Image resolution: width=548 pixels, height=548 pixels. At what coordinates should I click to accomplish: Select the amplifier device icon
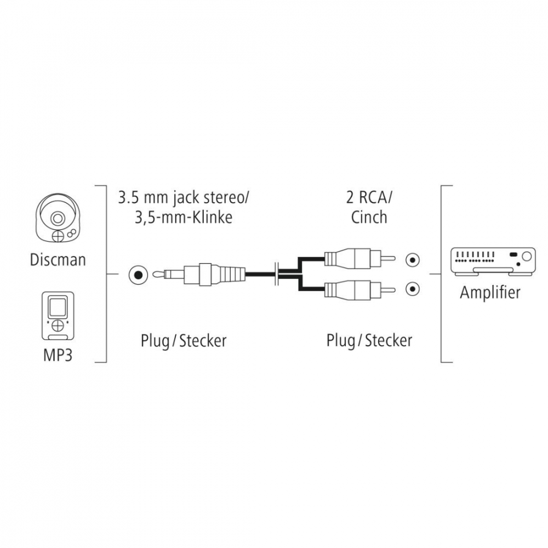click(493, 262)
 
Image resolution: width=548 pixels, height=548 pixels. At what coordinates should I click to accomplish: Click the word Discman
click(58, 260)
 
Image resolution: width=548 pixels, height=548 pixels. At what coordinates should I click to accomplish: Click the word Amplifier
click(490, 293)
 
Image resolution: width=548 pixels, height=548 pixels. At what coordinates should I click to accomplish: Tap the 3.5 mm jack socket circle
click(138, 275)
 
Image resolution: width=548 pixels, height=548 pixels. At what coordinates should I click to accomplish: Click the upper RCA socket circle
click(413, 260)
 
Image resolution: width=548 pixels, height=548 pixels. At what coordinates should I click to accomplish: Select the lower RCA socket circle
click(413, 289)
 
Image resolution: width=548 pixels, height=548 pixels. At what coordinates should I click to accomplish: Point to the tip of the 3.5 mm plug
click(156, 275)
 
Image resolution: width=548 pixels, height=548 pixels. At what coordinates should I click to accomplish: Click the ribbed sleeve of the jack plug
click(232, 275)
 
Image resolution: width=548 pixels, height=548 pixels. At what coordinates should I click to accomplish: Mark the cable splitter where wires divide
click(277, 275)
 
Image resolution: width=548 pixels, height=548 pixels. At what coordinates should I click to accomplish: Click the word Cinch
click(369, 218)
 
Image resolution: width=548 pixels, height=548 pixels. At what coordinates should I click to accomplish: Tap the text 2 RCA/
click(369, 198)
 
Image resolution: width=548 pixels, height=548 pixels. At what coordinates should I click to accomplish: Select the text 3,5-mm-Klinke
click(184, 218)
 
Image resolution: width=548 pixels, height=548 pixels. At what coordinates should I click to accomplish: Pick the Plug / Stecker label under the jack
click(184, 340)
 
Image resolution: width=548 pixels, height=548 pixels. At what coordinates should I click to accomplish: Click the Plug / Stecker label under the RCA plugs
click(369, 340)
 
